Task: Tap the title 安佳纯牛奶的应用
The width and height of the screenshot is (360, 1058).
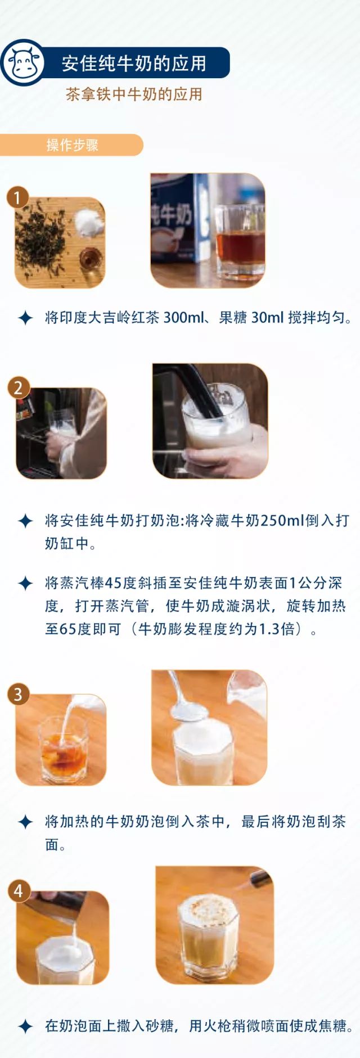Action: coord(134,63)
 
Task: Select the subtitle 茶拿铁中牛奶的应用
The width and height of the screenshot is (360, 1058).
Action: coord(134,94)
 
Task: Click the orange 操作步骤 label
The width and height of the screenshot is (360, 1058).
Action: coord(72,145)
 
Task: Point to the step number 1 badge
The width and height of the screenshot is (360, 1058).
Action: coord(17,197)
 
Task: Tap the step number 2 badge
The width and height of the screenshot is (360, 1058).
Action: coord(18,388)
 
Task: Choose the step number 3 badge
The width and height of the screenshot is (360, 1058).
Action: coord(18,694)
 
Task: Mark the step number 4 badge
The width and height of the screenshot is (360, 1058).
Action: coord(19,891)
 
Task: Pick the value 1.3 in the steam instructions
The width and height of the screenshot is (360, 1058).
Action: coord(268,628)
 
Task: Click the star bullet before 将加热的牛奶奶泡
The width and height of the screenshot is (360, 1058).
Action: coord(25,822)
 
